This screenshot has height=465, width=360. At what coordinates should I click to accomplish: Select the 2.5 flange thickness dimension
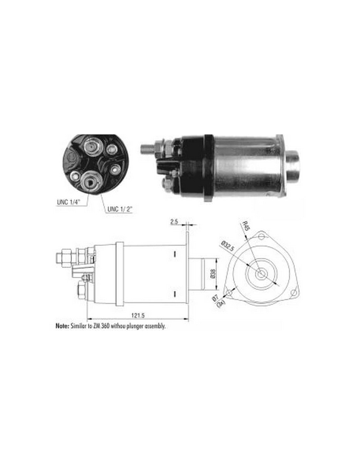click(x=174, y=222)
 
